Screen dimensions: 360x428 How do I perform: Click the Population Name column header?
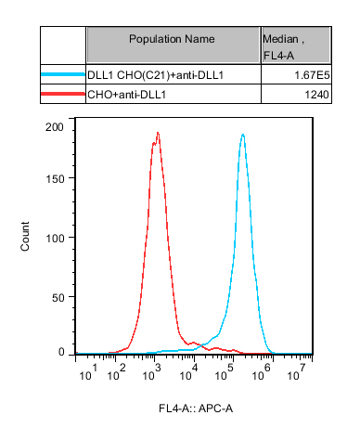pos(172,39)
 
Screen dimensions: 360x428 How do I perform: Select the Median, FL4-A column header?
pos(283,47)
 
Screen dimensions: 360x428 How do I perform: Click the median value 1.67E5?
pos(312,75)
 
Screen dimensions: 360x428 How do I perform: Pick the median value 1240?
pos(316,95)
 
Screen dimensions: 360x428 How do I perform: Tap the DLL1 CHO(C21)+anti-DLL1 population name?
pos(155,75)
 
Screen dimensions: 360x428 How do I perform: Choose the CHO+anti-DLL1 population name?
pos(127,95)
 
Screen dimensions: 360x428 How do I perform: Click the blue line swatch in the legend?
pos(63,74)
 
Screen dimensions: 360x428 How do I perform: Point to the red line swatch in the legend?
pos(63,94)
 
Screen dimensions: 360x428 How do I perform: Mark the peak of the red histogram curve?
pos(158,133)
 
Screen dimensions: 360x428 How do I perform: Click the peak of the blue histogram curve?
pos(243,135)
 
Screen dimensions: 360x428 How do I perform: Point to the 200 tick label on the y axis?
pos(55,127)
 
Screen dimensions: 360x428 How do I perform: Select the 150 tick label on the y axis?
pos(55,179)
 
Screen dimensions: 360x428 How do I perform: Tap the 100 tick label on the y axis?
pos(55,239)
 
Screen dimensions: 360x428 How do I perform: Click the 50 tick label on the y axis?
pos(58,298)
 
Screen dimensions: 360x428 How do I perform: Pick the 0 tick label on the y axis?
pos(61,352)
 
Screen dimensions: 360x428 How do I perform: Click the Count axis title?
pos(25,236)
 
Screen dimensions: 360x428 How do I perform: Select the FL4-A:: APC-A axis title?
pos(196,409)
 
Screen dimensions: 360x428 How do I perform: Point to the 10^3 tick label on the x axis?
pos(152,373)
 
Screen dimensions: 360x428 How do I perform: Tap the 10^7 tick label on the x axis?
pos(296,373)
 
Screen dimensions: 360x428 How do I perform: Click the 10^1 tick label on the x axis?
pos(88,373)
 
